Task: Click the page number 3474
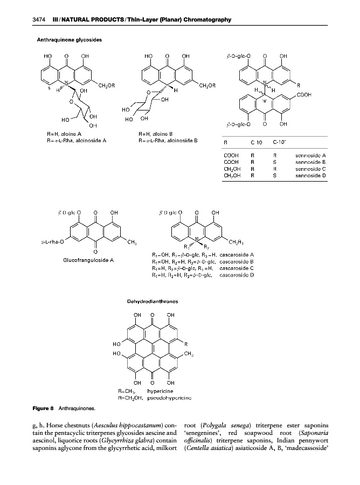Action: click(39, 20)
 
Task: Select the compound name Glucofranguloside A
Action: click(88, 260)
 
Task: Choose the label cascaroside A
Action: click(237, 254)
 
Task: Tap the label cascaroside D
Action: click(237, 275)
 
